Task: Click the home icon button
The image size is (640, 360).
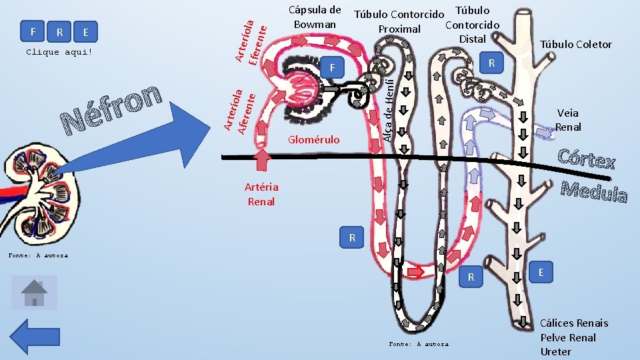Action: (x=34, y=293)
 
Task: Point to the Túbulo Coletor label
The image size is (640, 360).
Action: (x=576, y=45)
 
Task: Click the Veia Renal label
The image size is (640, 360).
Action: (x=568, y=120)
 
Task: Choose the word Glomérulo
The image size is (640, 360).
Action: (x=313, y=140)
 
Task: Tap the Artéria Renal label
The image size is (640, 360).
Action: (x=261, y=194)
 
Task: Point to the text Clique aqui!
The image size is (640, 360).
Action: (x=59, y=52)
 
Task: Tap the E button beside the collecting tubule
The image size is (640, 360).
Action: (x=541, y=272)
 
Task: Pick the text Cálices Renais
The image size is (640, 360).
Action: (x=574, y=323)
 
